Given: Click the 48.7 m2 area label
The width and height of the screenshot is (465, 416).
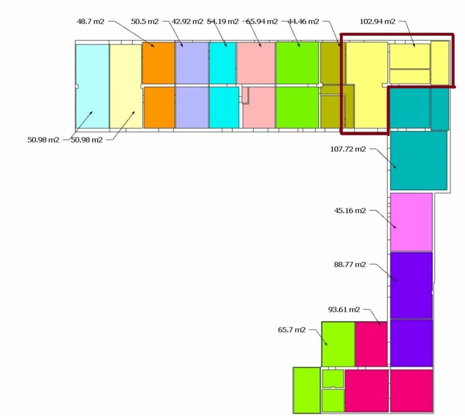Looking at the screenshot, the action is pyautogui.click(x=90, y=21).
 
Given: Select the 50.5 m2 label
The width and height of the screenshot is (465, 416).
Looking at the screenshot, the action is pyautogui.click(x=145, y=21).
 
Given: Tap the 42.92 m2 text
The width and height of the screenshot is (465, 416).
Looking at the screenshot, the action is pyautogui.click(x=188, y=21).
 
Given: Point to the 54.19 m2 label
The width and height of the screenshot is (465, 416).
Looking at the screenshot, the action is pyautogui.click(x=222, y=21).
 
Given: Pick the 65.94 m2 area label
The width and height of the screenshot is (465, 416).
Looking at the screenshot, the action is pyautogui.click(x=262, y=21).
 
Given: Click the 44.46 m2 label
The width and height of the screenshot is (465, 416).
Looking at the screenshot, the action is pyautogui.click(x=303, y=21).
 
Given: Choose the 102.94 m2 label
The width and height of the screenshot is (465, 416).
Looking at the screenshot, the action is pyautogui.click(x=378, y=21).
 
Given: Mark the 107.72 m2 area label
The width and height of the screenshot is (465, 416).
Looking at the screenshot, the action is pyautogui.click(x=348, y=149).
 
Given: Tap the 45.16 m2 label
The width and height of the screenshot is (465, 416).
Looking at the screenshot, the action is pyautogui.click(x=350, y=210).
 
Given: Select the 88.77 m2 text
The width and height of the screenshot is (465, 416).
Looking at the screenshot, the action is pyautogui.click(x=350, y=265).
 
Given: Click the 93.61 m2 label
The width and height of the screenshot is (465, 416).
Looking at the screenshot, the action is pyautogui.click(x=344, y=310).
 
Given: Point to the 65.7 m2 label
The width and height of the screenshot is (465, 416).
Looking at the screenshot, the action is pyautogui.click(x=291, y=330).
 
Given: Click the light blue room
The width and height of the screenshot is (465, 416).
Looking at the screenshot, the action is pyautogui.click(x=92, y=86).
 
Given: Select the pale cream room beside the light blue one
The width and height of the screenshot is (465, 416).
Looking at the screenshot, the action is pyautogui.click(x=126, y=86).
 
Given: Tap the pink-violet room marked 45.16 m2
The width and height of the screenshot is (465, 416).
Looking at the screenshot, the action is pyautogui.click(x=411, y=222).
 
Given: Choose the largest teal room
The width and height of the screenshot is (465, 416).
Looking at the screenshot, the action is pyautogui.click(x=419, y=161).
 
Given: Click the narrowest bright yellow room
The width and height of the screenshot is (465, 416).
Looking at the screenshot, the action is pyautogui.click(x=440, y=63).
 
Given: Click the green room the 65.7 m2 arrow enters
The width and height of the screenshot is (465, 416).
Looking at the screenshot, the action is pyautogui.click(x=338, y=344).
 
